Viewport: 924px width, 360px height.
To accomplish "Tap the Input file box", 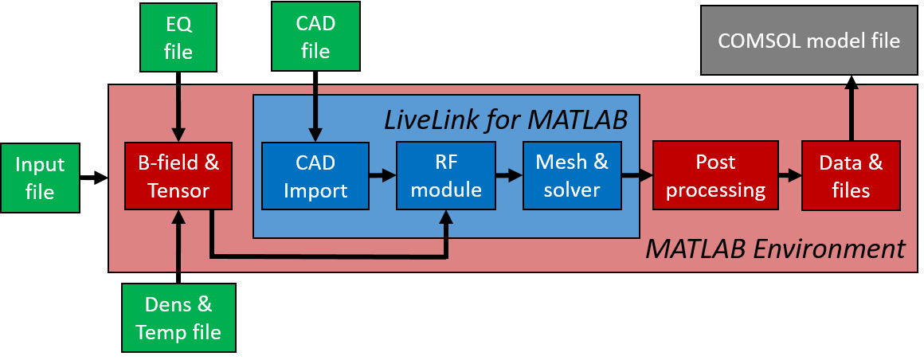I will pyautogui.click(x=40, y=178).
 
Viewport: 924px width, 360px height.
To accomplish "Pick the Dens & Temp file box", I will pyautogui.click(x=178, y=317).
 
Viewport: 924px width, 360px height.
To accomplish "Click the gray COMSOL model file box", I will pyautogui.click(x=809, y=41).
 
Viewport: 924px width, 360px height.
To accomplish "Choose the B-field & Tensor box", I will pyautogui.click(x=178, y=176).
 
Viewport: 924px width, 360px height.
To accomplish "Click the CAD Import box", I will pyautogui.click(x=315, y=176).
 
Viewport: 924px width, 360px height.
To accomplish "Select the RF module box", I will pyautogui.click(x=446, y=176).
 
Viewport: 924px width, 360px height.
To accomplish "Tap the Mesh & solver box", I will pyautogui.click(x=571, y=176).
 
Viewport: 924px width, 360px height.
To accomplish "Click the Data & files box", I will pyautogui.click(x=851, y=176).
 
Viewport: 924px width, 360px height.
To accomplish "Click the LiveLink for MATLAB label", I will pyautogui.click(x=506, y=119).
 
